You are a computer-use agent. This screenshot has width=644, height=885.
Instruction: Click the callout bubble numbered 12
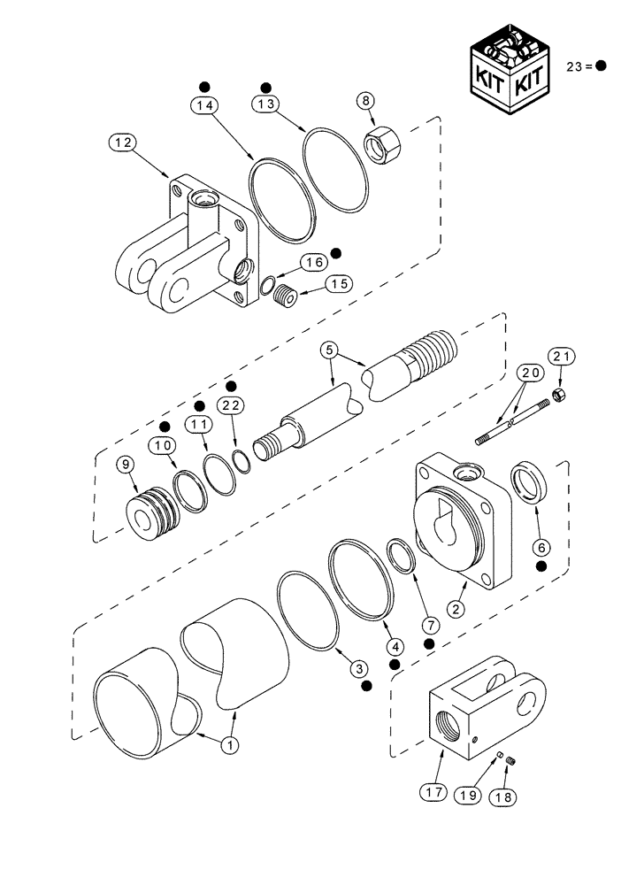coord(122,142)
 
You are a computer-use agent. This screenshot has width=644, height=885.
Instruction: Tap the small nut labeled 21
coord(557,393)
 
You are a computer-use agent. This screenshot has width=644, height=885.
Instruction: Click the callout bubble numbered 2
coord(456,608)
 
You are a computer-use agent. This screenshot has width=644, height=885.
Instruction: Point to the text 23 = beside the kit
coord(579,66)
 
